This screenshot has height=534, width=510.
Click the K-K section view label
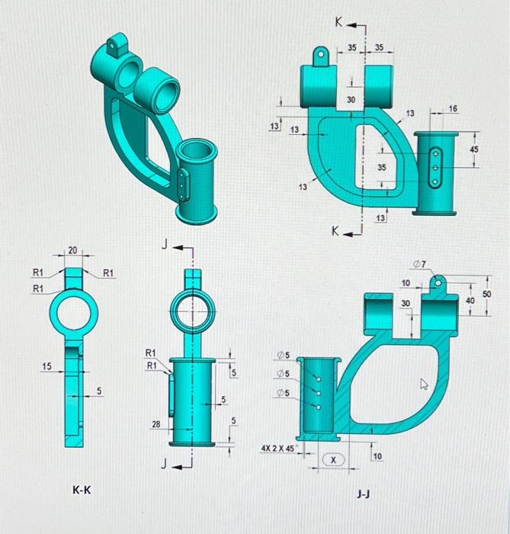tap(82, 490)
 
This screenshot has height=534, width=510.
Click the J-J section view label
tap(364, 494)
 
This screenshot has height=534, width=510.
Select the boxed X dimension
tap(333, 459)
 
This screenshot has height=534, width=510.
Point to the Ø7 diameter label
tap(419, 263)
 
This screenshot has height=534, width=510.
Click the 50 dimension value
tap(487, 293)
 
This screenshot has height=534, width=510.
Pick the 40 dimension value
tap(470, 301)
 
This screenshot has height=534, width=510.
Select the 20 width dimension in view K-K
tap(72, 250)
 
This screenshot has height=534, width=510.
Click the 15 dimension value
tap(47, 367)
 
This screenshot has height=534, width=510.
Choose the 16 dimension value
tap(454, 110)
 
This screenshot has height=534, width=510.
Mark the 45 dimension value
tap(474, 150)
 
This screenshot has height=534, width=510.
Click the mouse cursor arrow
tap(425, 385)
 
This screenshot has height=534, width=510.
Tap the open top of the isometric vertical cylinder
tap(197, 150)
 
